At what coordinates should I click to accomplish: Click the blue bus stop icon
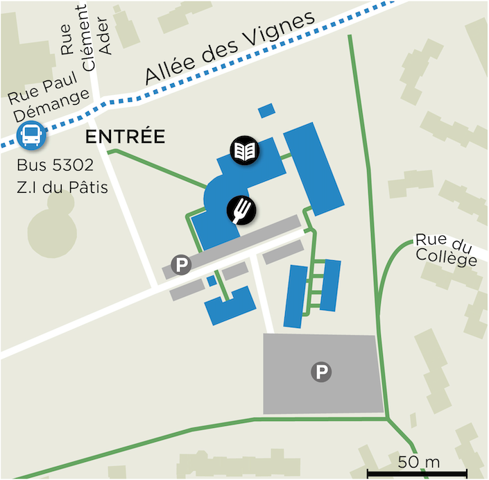pyautogui.click(x=31, y=135)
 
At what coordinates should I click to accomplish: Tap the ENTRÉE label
pyautogui.click(x=125, y=137)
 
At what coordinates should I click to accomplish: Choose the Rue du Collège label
pyautogui.click(x=447, y=249)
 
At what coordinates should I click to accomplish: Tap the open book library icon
pyautogui.click(x=245, y=150)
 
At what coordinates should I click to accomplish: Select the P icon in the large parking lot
pyautogui.click(x=321, y=372)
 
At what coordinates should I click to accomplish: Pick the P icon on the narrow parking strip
pyautogui.click(x=181, y=264)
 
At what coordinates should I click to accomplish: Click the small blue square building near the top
pyautogui.click(x=266, y=111)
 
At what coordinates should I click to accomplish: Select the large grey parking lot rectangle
pyautogui.click(x=323, y=375)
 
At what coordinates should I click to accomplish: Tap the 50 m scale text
pyautogui.click(x=419, y=461)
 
